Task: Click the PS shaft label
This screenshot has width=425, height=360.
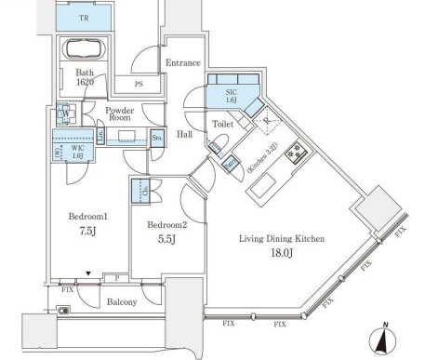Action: pos(139,85)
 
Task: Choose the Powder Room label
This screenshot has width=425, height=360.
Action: pos(121,114)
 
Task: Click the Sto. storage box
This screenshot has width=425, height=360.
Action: pos(157,139)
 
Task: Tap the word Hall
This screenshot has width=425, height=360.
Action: pos(183,135)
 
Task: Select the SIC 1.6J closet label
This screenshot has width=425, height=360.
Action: pos(230,97)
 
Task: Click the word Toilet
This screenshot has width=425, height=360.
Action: pos(222,122)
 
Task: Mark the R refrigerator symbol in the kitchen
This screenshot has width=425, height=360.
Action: pos(266,120)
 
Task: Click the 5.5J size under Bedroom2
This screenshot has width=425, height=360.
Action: pos(167,238)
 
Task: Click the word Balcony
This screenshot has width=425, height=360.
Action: pos(121,301)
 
